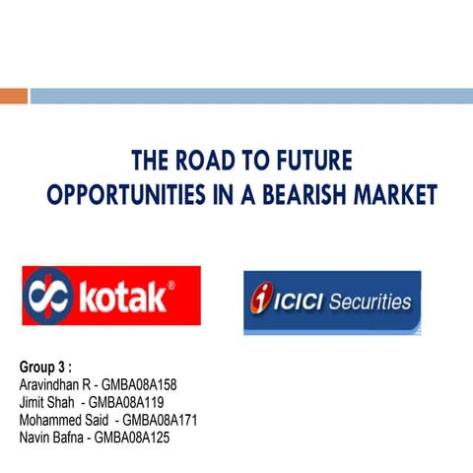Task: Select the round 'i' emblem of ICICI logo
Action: click(262, 299)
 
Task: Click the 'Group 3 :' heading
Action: click(46, 368)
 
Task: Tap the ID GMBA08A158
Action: click(139, 384)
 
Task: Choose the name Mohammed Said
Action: click(61, 419)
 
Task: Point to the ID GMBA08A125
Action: click(132, 437)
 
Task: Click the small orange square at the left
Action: click(13, 97)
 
